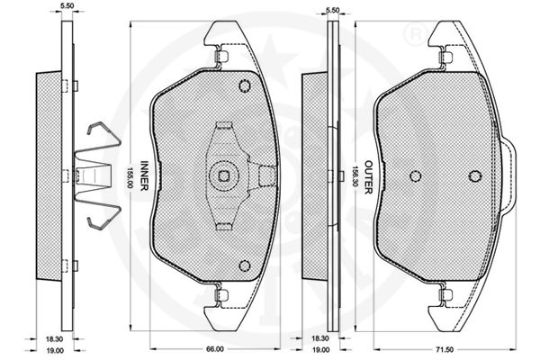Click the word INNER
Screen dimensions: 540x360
click(x=144, y=175)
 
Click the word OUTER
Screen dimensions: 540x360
click(x=368, y=177)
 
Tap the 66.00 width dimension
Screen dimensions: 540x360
click(x=215, y=349)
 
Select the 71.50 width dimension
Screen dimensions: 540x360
click(x=445, y=350)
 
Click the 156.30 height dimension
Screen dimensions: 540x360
click(x=355, y=176)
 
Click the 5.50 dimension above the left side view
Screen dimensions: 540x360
click(x=66, y=5)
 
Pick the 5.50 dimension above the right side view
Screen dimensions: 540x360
click(x=332, y=10)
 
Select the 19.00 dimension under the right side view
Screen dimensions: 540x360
click(x=320, y=350)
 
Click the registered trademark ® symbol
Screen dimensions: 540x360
click(x=414, y=35)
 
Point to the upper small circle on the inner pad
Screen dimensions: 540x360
click(x=245, y=85)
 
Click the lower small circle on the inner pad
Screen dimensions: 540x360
click(x=245, y=265)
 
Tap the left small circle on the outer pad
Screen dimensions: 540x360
click(x=416, y=176)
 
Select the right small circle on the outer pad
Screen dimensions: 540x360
click(x=474, y=176)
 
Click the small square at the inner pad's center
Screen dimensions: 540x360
click(x=224, y=175)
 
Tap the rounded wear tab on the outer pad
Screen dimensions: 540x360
click(x=508, y=176)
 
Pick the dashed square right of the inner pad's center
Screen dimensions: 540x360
click(x=266, y=175)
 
